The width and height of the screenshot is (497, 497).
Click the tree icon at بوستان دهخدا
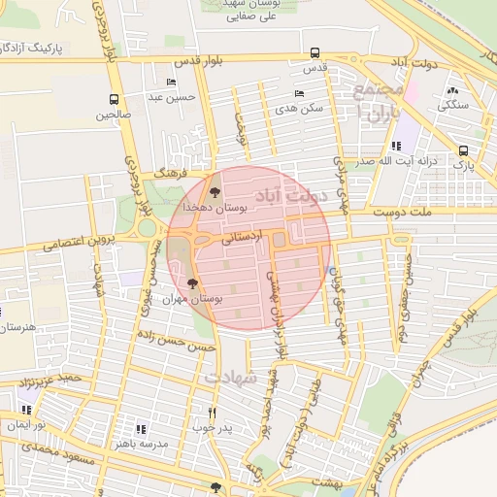point(215,193)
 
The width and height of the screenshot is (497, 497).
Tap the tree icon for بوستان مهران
point(192,284)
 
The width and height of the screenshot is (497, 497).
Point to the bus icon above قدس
point(314,53)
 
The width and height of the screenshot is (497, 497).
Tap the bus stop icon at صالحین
point(115,99)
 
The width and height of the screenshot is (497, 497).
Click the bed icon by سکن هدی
point(298,94)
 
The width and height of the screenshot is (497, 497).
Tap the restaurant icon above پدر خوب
point(212,413)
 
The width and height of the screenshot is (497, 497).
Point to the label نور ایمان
point(27,425)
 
